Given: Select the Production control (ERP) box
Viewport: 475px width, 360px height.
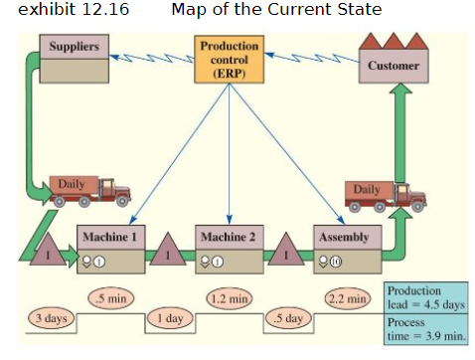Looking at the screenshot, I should click(x=229, y=60).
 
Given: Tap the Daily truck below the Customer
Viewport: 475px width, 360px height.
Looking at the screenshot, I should click(x=383, y=194).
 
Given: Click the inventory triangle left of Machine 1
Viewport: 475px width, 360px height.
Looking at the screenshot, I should click(x=46, y=255).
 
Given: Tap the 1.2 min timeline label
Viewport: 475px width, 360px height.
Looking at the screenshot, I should click(x=228, y=296).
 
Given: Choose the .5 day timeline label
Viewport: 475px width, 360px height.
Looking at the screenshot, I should click(x=287, y=318).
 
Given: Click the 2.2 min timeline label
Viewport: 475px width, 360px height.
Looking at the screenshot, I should click(x=347, y=296).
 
